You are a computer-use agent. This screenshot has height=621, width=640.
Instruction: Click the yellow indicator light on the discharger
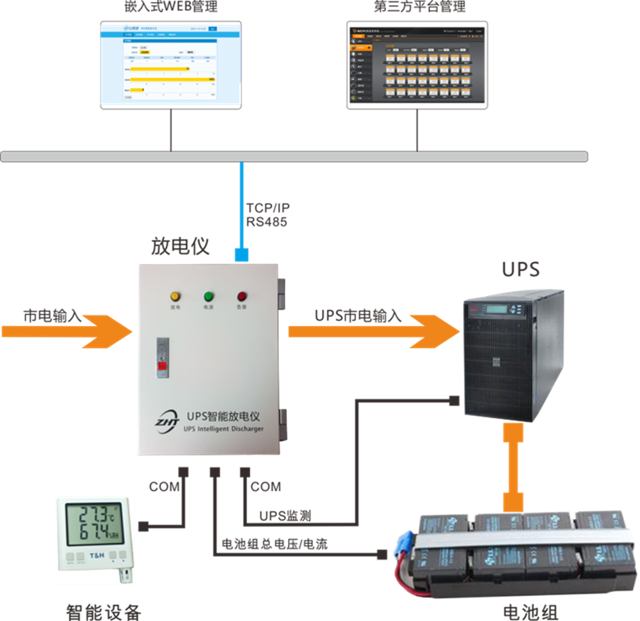click(x=175, y=296)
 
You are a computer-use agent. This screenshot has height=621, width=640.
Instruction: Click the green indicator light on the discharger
click(x=209, y=296)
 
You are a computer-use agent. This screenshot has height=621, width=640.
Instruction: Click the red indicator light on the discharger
click(x=243, y=296)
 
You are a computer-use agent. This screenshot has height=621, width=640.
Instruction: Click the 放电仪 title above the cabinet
click(x=180, y=246)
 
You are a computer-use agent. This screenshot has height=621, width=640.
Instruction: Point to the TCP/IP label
click(x=268, y=209)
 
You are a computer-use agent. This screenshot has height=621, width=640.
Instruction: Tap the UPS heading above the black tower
click(x=520, y=270)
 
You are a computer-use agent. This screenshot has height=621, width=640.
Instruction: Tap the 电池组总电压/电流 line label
click(x=275, y=545)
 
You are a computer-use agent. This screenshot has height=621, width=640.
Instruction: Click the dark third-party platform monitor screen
click(x=417, y=65)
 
